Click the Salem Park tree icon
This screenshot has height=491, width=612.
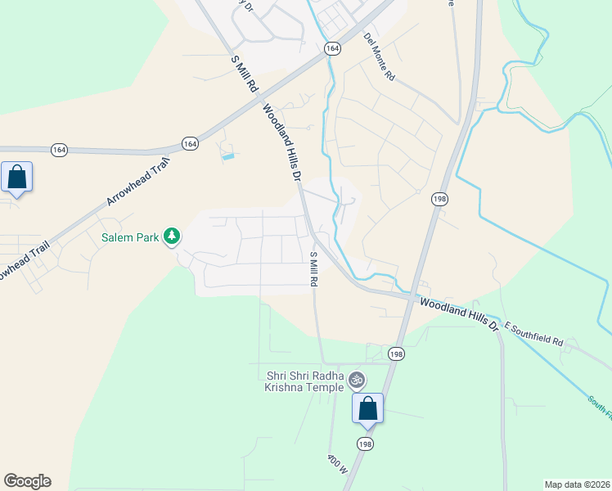point(172,236)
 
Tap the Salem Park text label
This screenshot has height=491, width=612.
point(131,238)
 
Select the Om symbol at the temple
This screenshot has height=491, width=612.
point(355,380)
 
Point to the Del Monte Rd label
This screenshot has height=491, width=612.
point(380,56)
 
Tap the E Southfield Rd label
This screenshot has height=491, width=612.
point(535,335)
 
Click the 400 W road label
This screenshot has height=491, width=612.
point(338,471)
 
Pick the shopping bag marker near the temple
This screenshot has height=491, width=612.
point(368,408)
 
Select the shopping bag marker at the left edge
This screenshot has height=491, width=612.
point(16,177)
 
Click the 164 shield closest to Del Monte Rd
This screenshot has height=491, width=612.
point(331,49)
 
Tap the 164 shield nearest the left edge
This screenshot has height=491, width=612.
point(59,150)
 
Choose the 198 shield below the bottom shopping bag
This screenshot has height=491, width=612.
point(364,443)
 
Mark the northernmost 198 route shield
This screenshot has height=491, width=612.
point(441,199)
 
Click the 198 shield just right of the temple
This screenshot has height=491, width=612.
point(397,354)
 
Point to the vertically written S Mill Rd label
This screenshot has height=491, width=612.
point(313,269)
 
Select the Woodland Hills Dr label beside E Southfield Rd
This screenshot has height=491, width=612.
point(459,313)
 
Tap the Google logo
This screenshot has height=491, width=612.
point(27,481)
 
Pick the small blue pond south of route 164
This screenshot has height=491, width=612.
point(228,155)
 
